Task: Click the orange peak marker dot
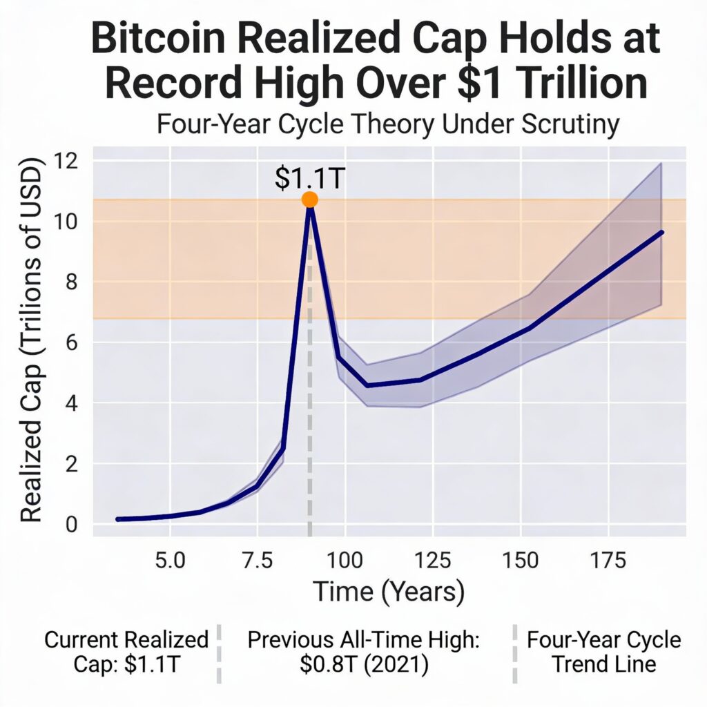pos(309,200)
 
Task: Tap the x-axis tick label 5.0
pos(170,559)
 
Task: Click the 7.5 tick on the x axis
pos(257,559)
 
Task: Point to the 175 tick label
pos(608,559)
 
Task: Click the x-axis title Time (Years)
pos(389,592)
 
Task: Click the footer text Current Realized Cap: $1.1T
pos(126,652)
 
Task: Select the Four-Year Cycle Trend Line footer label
pos(604,652)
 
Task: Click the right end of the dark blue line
pos(661,233)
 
